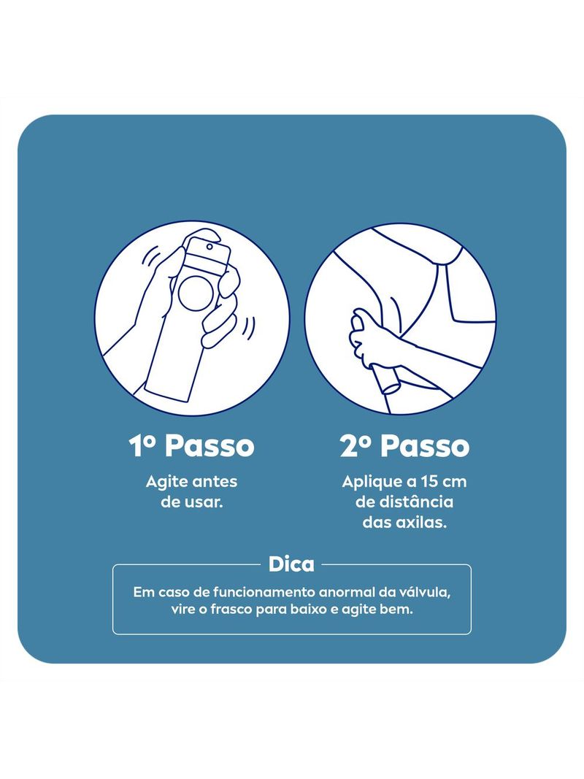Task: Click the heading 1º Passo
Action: coord(192,445)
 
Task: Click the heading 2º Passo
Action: coord(404,445)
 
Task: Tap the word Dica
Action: coord(291,564)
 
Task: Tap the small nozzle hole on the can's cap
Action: coord(210,247)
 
